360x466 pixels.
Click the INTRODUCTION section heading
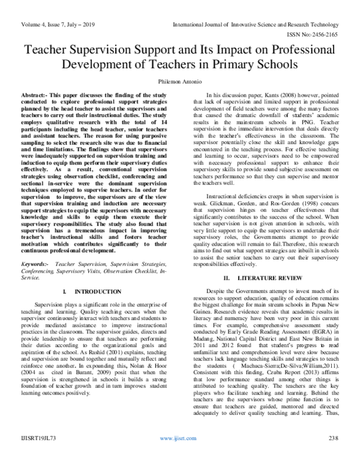(x=99, y=291)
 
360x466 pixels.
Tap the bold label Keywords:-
(x=35, y=264)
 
